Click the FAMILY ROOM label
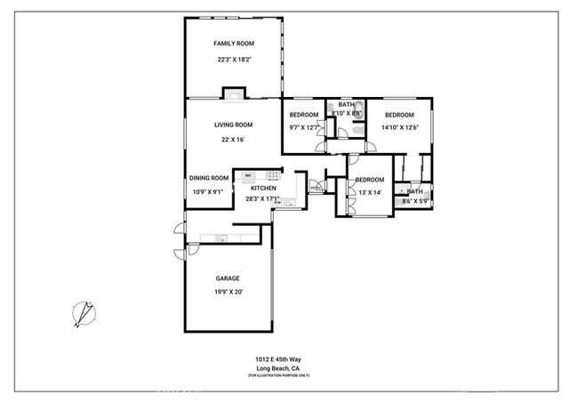click(233, 44)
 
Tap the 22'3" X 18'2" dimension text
click(233, 60)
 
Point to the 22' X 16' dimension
click(232, 139)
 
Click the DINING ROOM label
click(209, 178)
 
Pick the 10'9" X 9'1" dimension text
click(209, 192)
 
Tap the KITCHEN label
click(263, 188)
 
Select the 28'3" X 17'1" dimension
click(263, 199)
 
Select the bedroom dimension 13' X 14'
click(369, 192)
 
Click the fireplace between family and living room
click(234, 92)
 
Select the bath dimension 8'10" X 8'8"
click(346, 114)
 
